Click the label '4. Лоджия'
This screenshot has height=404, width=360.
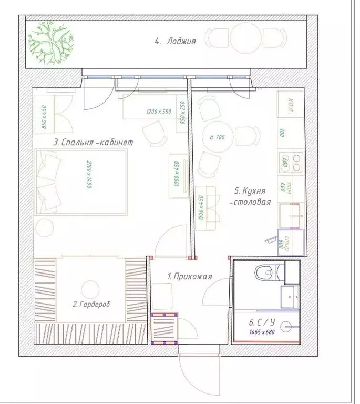click(175, 41)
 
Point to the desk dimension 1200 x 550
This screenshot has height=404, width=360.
click(159, 112)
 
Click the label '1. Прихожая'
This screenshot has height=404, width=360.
click(189, 275)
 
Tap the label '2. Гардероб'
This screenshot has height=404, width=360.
click(92, 304)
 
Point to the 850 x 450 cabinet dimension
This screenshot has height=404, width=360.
click(44, 117)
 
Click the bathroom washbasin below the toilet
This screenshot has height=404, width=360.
click(290, 297)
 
